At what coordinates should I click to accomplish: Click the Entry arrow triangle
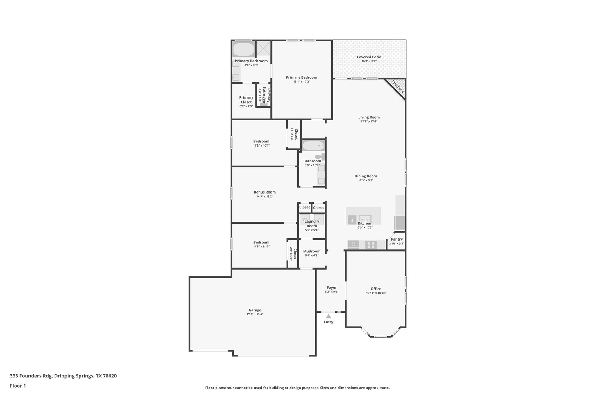[328, 317]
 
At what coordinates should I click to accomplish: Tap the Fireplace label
[398, 86]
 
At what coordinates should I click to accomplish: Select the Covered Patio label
[369, 57]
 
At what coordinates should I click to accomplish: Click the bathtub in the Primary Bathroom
[243, 50]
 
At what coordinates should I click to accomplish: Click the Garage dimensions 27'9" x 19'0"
[255, 314]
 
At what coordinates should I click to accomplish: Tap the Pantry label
[397, 239]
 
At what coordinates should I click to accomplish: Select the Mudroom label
[312, 251]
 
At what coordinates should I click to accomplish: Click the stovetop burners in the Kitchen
[371, 245]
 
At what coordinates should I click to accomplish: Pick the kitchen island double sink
[365, 219]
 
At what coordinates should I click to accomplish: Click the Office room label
[376, 289]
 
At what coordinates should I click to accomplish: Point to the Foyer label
[331, 287]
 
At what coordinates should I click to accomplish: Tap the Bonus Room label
[264, 192]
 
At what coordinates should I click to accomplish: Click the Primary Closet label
[246, 100]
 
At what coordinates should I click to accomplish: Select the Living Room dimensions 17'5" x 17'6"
[369, 122]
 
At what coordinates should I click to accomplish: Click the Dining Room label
[365, 176]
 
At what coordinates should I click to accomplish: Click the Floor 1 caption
[18, 386]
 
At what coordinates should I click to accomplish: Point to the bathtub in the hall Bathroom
[313, 145]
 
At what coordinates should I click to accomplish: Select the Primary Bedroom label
[301, 77]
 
